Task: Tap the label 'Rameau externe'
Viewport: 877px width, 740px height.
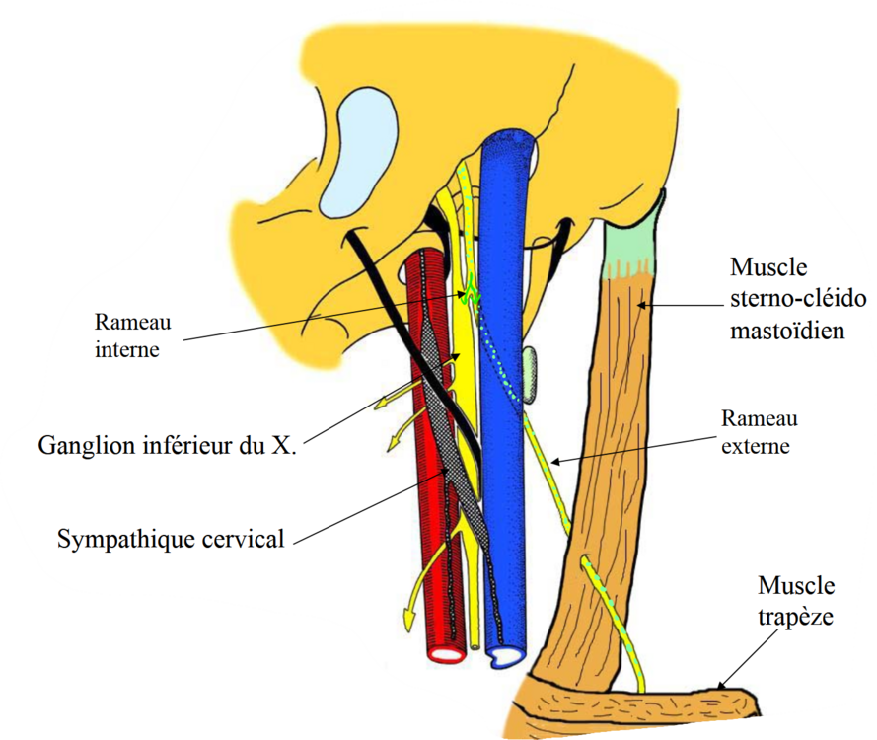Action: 759,432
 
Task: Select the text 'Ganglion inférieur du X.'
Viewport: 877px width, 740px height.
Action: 168,445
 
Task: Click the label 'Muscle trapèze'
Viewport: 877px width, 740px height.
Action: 796,601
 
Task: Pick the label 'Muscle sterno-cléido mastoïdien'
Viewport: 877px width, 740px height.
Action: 787,298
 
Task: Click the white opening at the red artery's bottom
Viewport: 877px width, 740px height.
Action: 449,653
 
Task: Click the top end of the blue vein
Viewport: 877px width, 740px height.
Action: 509,148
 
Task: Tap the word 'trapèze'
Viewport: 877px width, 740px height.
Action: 796,618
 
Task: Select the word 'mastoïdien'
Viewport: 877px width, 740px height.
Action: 787,331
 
